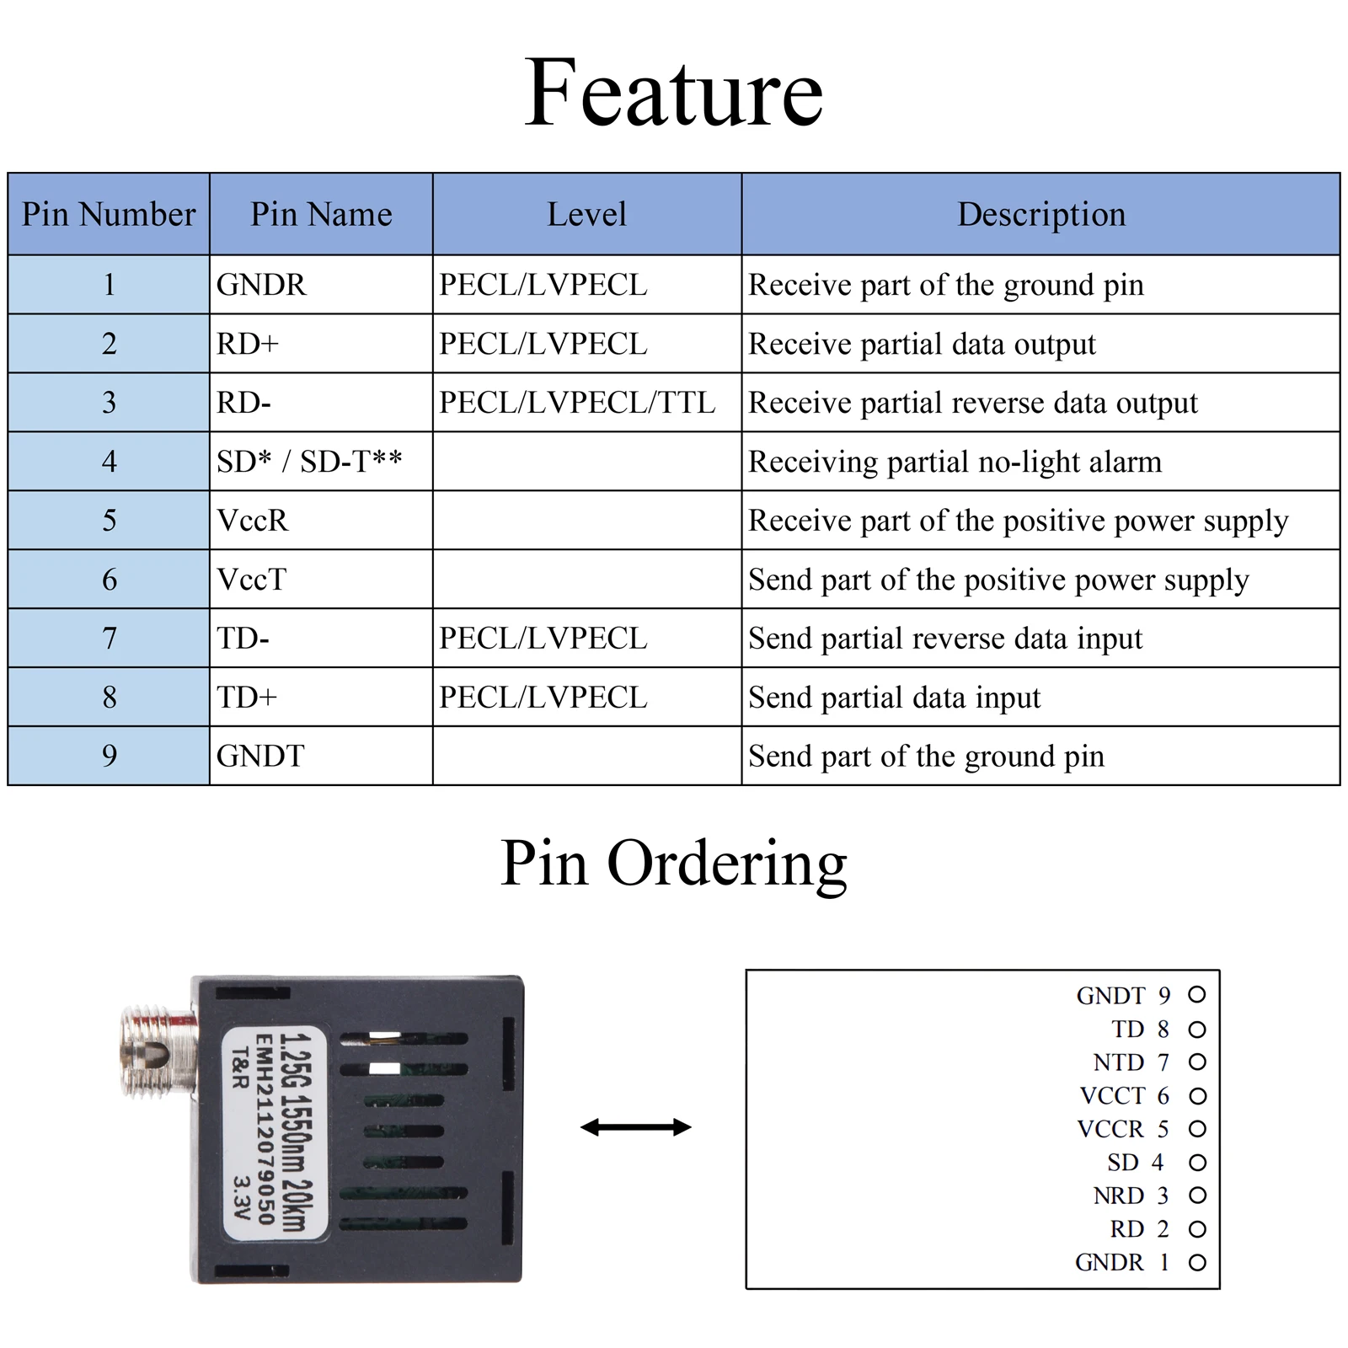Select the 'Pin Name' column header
point(321,214)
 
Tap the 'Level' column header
point(586,214)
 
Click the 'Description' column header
point(1040,214)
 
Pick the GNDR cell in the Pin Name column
point(261,285)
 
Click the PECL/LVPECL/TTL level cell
point(577,403)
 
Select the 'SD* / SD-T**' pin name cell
point(309,462)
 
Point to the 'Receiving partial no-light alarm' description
point(955,462)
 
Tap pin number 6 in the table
point(109,580)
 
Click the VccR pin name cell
point(252,521)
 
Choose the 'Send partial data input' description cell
point(894,698)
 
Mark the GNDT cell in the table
point(260,756)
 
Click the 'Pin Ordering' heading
point(673,863)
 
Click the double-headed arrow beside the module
point(636,1127)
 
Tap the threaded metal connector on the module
point(158,1053)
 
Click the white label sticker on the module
point(275,1131)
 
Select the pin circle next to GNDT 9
point(1197,995)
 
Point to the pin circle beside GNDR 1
point(1197,1262)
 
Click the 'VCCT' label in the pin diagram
point(1112,1096)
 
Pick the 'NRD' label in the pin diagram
point(1119,1196)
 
